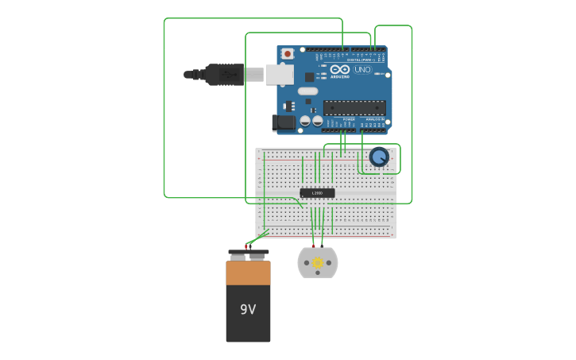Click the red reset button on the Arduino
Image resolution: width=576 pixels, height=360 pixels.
coord(287,53)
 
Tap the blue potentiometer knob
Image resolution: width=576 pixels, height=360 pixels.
coord(379,157)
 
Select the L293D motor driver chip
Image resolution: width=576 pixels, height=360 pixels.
coord(317,193)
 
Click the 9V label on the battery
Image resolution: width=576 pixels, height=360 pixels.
coord(248,309)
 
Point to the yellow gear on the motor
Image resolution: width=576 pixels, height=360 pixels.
coord(318,263)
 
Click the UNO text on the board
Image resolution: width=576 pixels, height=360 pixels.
coord(362,70)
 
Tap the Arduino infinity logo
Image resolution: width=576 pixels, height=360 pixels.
coord(340,70)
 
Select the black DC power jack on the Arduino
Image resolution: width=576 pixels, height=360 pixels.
coord(283,122)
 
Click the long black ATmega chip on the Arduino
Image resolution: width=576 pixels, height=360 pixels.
coord(354,107)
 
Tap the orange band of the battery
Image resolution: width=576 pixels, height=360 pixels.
coord(248,273)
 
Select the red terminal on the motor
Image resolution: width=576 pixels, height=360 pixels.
coord(313,246)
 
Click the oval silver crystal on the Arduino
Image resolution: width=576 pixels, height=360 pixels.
coord(308,91)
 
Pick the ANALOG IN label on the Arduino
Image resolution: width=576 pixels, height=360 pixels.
coord(373,119)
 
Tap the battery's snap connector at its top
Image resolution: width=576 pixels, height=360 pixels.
coord(248,254)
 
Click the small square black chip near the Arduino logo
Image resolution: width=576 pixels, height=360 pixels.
coord(309,77)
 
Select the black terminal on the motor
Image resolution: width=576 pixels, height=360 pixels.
coord(323,246)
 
